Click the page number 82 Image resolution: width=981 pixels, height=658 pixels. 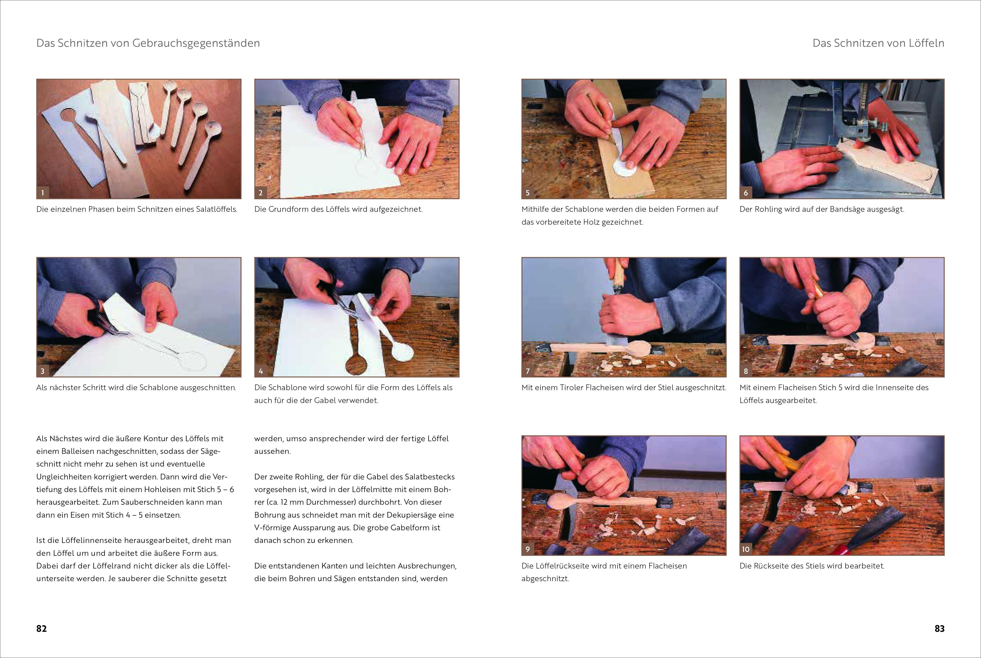pyautogui.click(x=42, y=629)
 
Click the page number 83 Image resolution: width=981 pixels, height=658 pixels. pyautogui.click(x=939, y=629)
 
